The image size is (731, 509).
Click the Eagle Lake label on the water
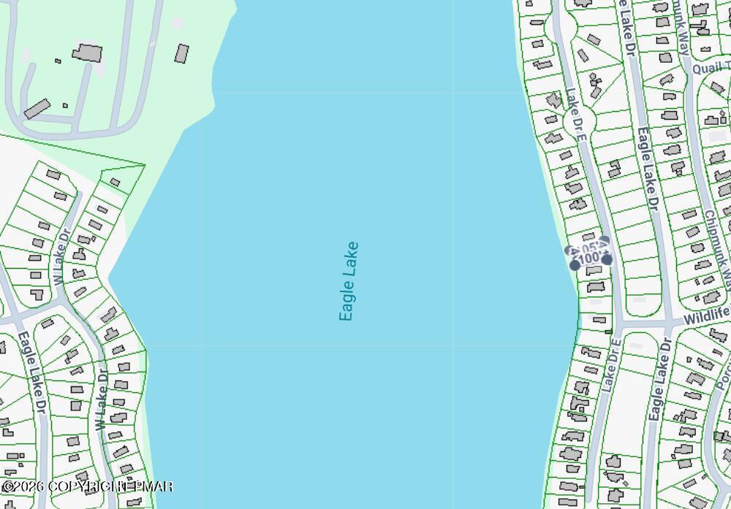coord(349,281)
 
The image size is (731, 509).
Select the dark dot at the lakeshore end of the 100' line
coord(575,265)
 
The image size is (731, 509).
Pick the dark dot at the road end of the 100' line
coord(607,259)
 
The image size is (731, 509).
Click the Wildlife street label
coord(706,316)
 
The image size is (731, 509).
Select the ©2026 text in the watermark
coord(23,486)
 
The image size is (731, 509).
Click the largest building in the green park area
coord(87,53)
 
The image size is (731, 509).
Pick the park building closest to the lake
coord(181,53)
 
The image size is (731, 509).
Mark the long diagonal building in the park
coord(36,109)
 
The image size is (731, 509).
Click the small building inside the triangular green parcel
coord(115,182)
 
